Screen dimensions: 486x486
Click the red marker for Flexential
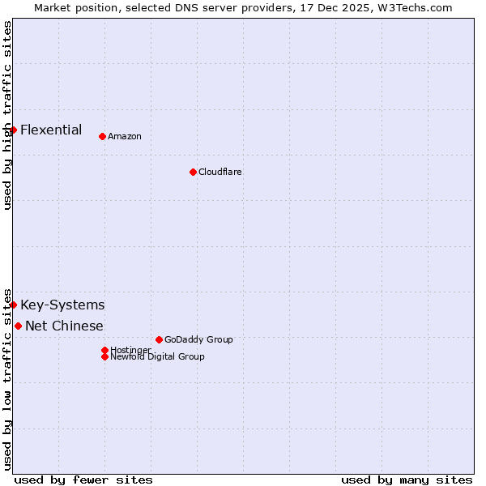coord(14,130)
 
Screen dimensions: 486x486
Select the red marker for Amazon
coord(102,136)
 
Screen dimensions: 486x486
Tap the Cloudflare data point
coord(193,172)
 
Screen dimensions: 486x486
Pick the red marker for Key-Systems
coord(14,305)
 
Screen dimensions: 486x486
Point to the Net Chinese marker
coord(18,326)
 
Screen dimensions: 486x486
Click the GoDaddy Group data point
coord(159,339)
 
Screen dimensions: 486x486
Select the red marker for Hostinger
coord(104,350)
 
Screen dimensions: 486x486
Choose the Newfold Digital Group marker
coord(104,356)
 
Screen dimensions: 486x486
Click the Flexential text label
coord(51,130)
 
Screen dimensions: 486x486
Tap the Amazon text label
coord(125,136)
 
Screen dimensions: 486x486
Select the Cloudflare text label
coord(220,172)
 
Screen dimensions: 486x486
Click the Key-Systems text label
coord(62,305)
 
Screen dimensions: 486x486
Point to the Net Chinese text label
coord(64,326)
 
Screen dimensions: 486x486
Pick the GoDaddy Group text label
coord(198,339)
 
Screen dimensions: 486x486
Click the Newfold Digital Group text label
coord(157,356)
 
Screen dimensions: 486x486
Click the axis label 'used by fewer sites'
coord(83,480)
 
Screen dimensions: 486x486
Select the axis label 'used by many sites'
coord(407,480)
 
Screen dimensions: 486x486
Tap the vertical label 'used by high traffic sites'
coord(7,115)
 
